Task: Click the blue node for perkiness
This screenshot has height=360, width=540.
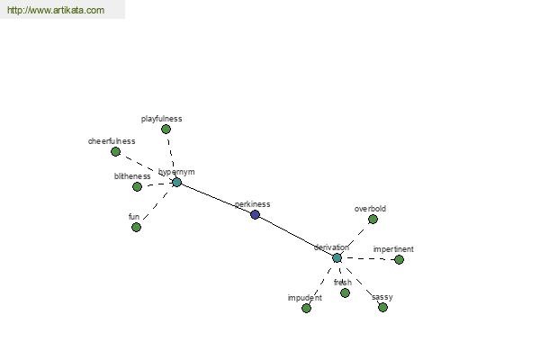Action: (x=256, y=214)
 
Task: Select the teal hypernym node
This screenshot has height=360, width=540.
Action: (x=176, y=183)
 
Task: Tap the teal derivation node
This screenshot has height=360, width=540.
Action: (x=337, y=257)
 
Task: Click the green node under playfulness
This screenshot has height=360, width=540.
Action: (x=166, y=130)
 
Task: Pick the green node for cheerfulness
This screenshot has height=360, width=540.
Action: (x=115, y=152)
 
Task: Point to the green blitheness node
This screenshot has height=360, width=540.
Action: (x=137, y=187)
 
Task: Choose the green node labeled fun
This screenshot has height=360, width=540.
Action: (x=136, y=227)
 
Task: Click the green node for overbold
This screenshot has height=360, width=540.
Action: (x=373, y=219)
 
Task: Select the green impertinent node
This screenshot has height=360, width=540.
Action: (x=399, y=259)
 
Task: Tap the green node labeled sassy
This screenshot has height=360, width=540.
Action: (x=382, y=307)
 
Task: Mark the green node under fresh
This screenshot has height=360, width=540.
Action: (x=345, y=292)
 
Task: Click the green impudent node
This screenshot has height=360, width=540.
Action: (x=306, y=308)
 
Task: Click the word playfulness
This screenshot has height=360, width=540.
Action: (x=162, y=119)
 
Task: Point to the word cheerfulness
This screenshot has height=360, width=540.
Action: (x=112, y=141)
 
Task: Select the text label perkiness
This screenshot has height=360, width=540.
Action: (x=252, y=204)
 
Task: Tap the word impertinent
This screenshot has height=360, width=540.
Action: (x=393, y=249)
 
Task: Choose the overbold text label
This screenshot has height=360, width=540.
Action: (x=370, y=209)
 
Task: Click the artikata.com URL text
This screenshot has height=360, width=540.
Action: (x=54, y=11)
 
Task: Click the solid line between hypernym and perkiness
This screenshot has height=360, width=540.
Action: (x=216, y=199)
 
